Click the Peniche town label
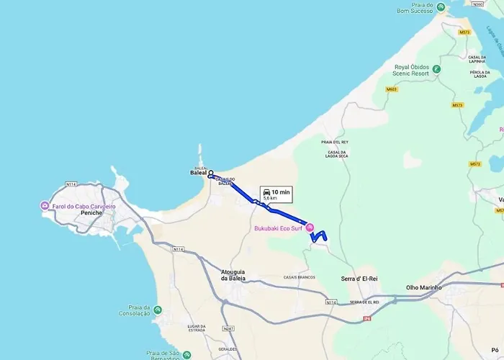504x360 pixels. (91, 214)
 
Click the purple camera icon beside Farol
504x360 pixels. (45, 206)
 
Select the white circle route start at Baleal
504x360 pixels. (211, 173)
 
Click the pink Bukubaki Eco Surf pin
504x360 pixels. (310, 228)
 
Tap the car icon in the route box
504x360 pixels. (266, 192)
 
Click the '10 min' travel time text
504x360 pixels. (281, 192)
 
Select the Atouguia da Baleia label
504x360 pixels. (233, 274)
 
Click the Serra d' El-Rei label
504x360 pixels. (359, 277)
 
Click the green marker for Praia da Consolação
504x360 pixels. (158, 310)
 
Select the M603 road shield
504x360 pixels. (392, 89)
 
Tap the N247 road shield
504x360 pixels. (229, 328)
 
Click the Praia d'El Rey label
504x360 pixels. (335, 142)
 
